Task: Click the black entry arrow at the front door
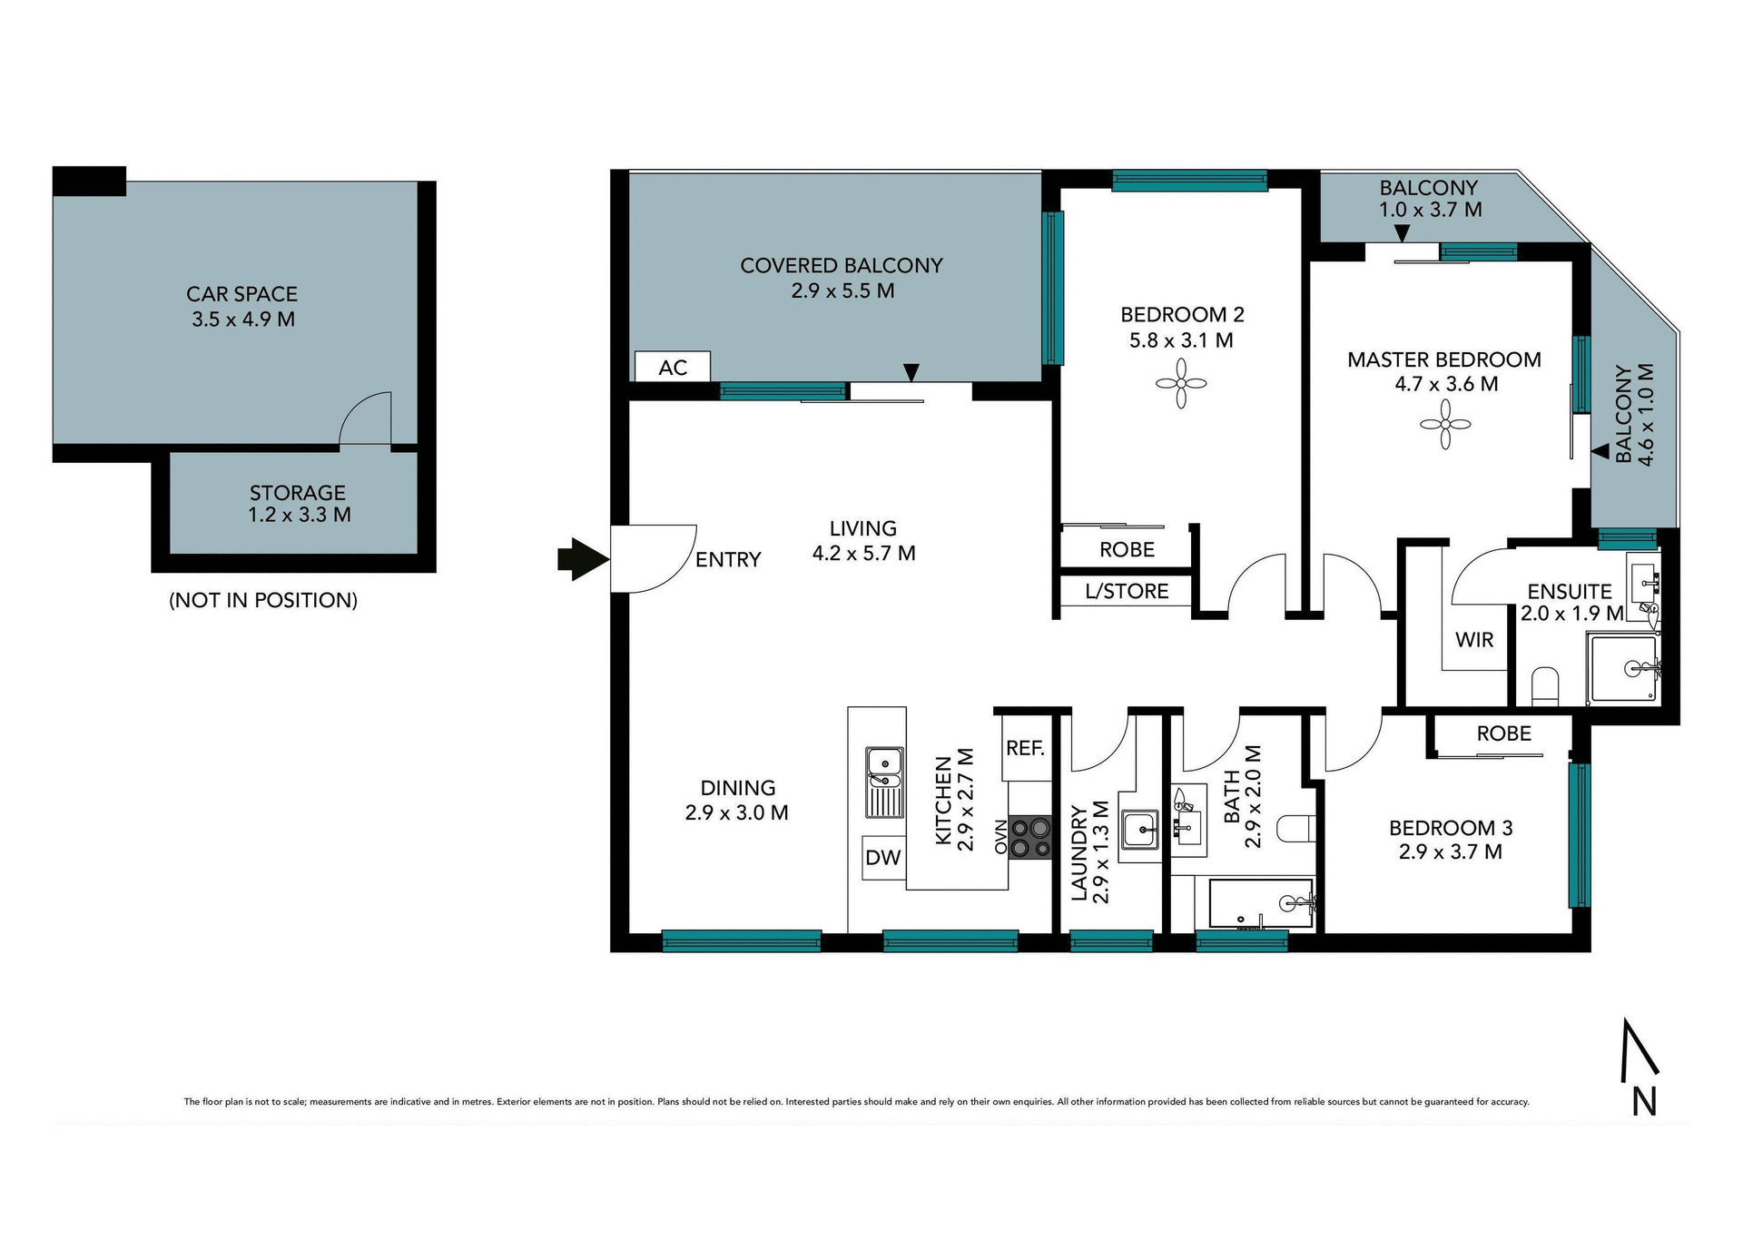[x=582, y=559]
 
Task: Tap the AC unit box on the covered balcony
[x=672, y=368]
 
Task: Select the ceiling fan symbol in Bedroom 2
[x=1180, y=383]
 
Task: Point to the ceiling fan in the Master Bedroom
[x=1444, y=424]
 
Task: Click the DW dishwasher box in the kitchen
[x=882, y=858]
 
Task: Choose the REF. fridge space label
[x=1025, y=748]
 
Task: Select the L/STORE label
[x=1126, y=592]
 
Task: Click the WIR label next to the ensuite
[x=1473, y=640]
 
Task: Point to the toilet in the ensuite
[x=1544, y=685]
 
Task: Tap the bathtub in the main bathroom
[x=1261, y=903]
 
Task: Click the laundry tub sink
[x=1138, y=829]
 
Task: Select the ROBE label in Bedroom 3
[x=1503, y=733]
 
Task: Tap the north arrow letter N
[x=1644, y=1101]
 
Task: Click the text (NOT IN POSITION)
[x=263, y=600]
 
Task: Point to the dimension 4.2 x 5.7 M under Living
[x=863, y=553]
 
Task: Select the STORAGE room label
[x=298, y=493]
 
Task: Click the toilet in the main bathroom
[x=1295, y=828]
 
